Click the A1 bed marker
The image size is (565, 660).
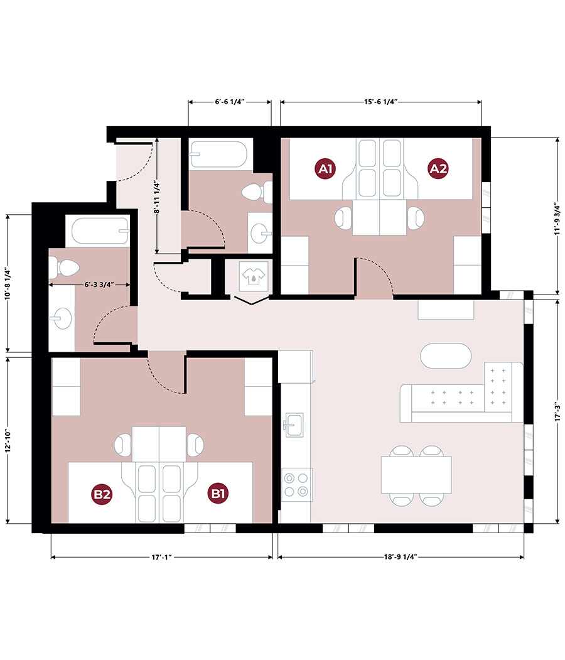coord(325,169)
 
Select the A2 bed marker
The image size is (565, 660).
coord(438,169)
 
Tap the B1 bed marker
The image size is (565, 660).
coord(218,494)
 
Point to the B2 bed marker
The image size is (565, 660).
coord(102,494)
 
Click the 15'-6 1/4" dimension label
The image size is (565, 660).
coord(380,102)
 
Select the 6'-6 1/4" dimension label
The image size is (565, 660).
coord(230,102)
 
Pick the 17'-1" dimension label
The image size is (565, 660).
coord(161,557)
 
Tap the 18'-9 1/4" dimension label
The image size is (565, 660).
coord(401,557)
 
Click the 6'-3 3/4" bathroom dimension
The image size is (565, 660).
coord(99,284)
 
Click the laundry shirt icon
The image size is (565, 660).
coord(254,276)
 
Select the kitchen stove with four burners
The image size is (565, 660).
coord(296,484)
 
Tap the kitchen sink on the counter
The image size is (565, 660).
coord(294,425)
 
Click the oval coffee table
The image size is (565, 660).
coord(446,356)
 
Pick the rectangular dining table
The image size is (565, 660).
coord(416,475)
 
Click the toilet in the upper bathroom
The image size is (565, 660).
coord(257,193)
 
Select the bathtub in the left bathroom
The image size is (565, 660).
coord(100,230)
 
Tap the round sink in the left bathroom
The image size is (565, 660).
coord(62,318)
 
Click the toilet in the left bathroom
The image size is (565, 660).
coord(64,267)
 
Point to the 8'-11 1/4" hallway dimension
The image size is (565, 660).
coord(156,198)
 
